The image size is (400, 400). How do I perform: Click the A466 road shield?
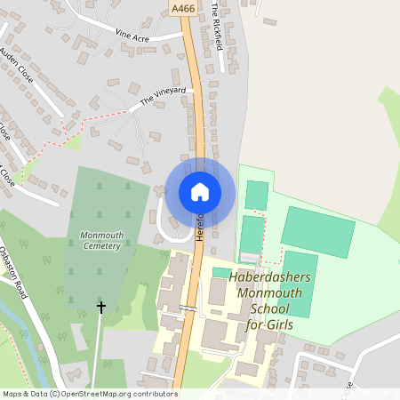(184, 9)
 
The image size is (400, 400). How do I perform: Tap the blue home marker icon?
(200, 192)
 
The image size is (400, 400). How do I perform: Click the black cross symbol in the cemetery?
(100, 307)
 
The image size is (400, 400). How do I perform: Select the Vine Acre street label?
(134, 35)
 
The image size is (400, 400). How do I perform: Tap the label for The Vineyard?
(163, 97)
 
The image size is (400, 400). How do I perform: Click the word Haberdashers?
(269, 277)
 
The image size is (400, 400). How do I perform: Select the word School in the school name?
(270, 308)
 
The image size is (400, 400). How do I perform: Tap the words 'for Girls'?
(269, 324)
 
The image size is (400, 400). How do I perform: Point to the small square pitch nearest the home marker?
(256, 195)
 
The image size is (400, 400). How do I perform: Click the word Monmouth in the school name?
(269, 292)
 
